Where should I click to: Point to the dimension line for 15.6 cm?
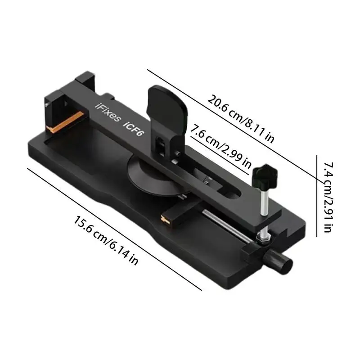point(112,227)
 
